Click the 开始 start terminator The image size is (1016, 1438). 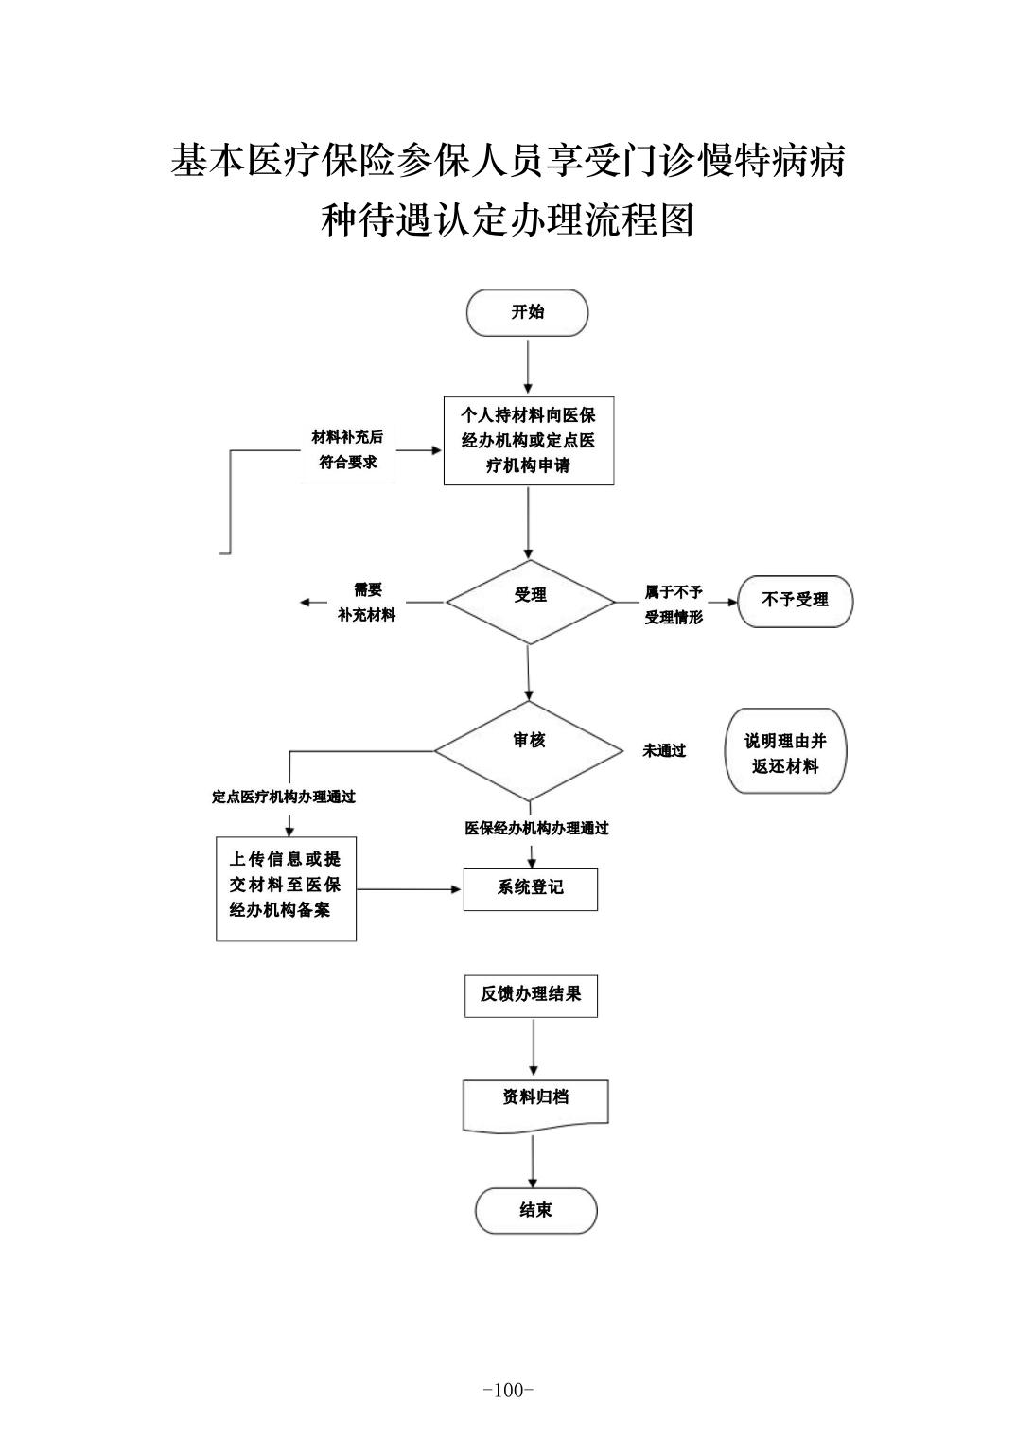[527, 312]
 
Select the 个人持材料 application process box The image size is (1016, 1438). [528, 441]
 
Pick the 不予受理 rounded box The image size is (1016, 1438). [795, 601]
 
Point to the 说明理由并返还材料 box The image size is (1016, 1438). [785, 753]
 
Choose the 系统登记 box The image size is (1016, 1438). [530, 888]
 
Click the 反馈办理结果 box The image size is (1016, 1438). [531, 995]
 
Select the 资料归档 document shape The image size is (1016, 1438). [534, 1103]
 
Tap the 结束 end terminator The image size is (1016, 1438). [535, 1210]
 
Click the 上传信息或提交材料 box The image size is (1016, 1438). [286, 886]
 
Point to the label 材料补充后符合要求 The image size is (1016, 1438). [348, 450]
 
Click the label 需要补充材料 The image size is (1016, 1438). [367, 603]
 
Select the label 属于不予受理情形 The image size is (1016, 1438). [674, 605]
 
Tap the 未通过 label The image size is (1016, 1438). [664, 751]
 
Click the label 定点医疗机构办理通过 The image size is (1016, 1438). [284, 798]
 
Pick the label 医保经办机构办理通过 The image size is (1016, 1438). [536, 829]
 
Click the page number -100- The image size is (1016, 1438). [508, 1390]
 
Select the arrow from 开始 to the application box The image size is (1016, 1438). [528, 366]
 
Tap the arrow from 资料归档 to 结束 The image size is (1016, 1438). [534, 1161]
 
